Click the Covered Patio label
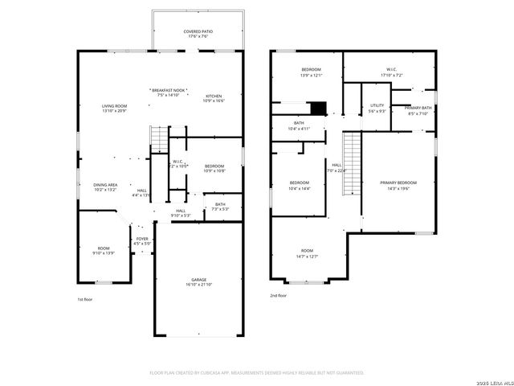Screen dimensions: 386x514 pyautogui.click(x=197, y=31)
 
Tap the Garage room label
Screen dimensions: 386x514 pyautogui.click(x=198, y=280)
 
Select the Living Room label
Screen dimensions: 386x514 pyautogui.click(x=115, y=105)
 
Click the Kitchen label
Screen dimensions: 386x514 pyautogui.click(x=214, y=96)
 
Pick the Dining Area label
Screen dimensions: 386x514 pyautogui.click(x=105, y=184)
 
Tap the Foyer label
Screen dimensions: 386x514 pyautogui.click(x=141, y=239)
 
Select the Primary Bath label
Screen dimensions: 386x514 pyautogui.click(x=418, y=108)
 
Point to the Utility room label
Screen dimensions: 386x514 pyautogui.click(x=377, y=105)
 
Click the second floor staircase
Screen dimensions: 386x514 pyautogui.click(x=351, y=164)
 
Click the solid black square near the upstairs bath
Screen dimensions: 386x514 pyautogui.click(x=319, y=109)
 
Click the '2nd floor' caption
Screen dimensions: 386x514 pyautogui.click(x=278, y=296)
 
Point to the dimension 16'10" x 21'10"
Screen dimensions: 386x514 pyautogui.click(x=198, y=285)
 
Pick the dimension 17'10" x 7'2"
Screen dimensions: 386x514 pyautogui.click(x=391, y=75)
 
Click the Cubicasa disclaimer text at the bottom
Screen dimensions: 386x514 pyautogui.click(x=257, y=372)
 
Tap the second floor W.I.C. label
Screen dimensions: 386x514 pyautogui.click(x=391, y=69)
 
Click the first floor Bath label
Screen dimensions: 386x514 pyautogui.click(x=220, y=203)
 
